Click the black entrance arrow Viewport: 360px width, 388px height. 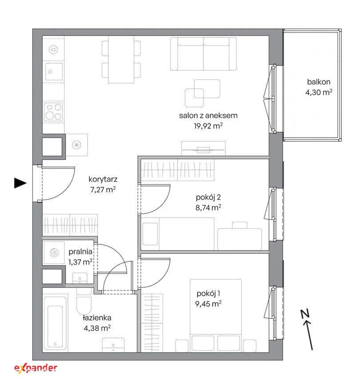pyautogui.click(x=20, y=183)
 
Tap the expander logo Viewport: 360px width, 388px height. pyautogui.click(x=36, y=368)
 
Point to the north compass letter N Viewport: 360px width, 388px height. pyautogui.click(x=306, y=313)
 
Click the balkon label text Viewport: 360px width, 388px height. pyautogui.click(x=319, y=82)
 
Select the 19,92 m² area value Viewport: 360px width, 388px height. pyautogui.click(x=208, y=126)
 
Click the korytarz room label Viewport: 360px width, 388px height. pyautogui.click(x=103, y=179)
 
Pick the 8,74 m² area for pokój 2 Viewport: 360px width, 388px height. pyautogui.click(x=208, y=208)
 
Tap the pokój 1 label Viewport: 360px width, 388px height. pyautogui.click(x=208, y=293)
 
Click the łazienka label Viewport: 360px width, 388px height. pyautogui.click(x=97, y=318)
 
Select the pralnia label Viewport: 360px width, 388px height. pyautogui.click(x=80, y=252)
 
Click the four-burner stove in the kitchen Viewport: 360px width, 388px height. pyautogui.click(x=53, y=112)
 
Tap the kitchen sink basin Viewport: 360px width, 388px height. pyautogui.click(x=53, y=71)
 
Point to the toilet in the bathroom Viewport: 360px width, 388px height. pyautogui.click(x=84, y=302)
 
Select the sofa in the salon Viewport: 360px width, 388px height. pyautogui.click(x=204, y=54)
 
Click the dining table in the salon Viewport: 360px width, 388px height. pyautogui.click(x=121, y=60)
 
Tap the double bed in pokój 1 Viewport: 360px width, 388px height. pyautogui.click(x=216, y=315)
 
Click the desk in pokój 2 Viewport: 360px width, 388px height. pyautogui.click(x=240, y=239)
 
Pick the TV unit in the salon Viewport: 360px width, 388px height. pyautogui.click(x=204, y=148)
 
